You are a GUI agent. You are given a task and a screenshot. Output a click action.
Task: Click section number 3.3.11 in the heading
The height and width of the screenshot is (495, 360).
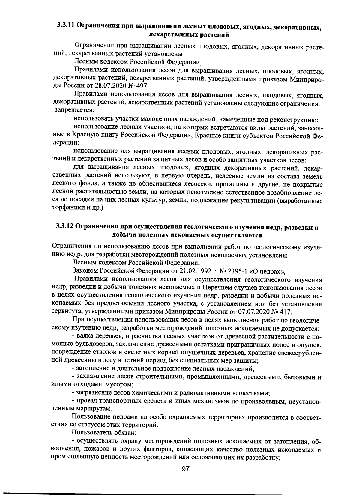point(65,26)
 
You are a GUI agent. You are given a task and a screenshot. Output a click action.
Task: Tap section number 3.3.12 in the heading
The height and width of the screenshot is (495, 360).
point(64,227)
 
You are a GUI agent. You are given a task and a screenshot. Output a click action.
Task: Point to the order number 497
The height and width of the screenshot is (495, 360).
point(142,86)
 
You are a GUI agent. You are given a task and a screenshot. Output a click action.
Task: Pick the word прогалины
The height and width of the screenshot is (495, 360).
point(228,184)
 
